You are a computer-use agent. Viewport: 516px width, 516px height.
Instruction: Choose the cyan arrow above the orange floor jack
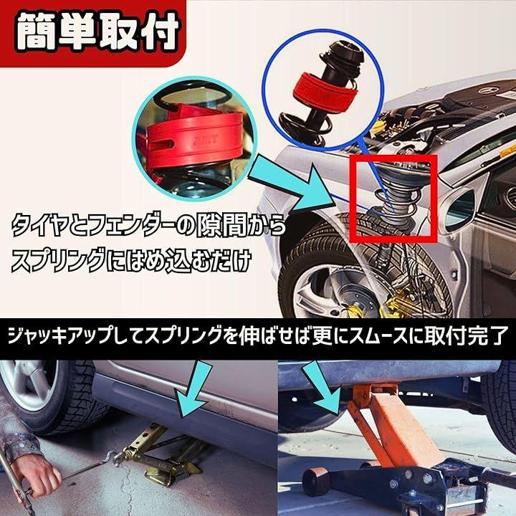(322, 386)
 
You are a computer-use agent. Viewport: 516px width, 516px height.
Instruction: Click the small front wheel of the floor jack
(316, 481)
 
